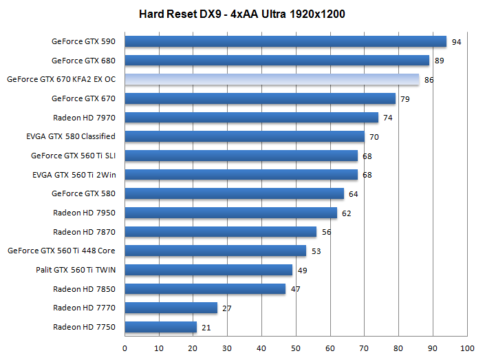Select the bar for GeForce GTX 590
coord(285,41)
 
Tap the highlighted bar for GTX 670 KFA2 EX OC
coord(271,80)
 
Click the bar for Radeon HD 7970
coord(251,118)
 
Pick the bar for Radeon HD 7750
coord(160,327)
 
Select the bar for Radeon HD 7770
coord(171,308)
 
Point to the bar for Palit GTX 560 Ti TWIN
coord(208,270)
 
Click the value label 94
coord(456,43)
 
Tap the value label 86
coord(429,81)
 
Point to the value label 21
coord(206,328)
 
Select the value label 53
coord(316,251)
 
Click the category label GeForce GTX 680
coord(83,61)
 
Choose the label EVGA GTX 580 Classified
coord(70,136)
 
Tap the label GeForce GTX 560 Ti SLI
coord(73,156)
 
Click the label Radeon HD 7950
coord(84,213)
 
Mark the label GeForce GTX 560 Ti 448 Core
coord(61,251)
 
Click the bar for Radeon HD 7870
coord(220,232)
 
